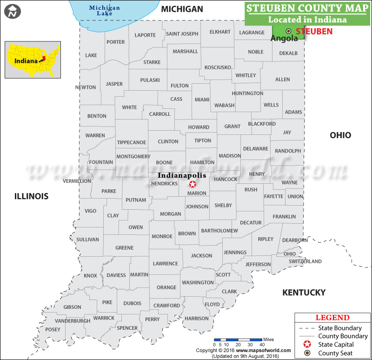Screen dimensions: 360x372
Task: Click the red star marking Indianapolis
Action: (x=193, y=184)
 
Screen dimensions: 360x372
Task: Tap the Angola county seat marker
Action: (x=288, y=31)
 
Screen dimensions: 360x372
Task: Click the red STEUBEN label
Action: (x=314, y=32)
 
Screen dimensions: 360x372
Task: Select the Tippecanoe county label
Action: (x=132, y=142)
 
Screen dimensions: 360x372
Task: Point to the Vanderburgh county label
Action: (x=73, y=321)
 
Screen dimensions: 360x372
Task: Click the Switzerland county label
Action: (x=305, y=261)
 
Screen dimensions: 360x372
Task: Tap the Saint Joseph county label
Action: (x=182, y=33)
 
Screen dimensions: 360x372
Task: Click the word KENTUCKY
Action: (x=304, y=293)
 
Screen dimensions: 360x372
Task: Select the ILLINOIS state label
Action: (x=31, y=196)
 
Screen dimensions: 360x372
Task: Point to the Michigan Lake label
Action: (x=104, y=11)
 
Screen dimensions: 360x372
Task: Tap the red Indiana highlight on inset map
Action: (x=43, y=59)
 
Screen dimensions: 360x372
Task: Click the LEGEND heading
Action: (x=332, y=318)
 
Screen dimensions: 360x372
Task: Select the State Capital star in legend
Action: (x=307, y=345)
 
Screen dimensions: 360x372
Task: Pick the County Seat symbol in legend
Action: (x=307, y=353)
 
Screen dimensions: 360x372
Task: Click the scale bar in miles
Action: (x=237, y=340)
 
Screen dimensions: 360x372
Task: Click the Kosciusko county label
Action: (x=218, y=67)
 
